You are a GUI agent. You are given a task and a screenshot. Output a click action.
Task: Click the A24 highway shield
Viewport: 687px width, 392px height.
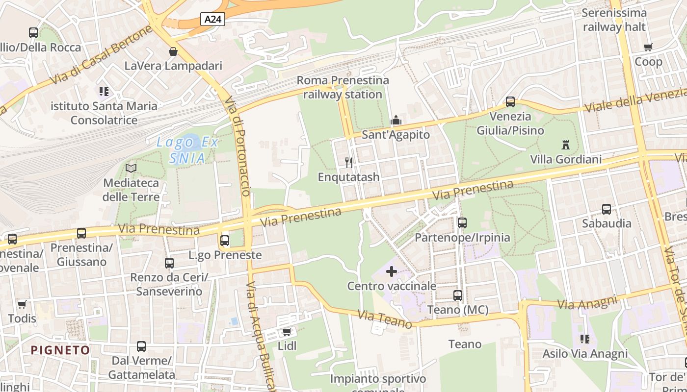pyautogui.click(x=212, y=19)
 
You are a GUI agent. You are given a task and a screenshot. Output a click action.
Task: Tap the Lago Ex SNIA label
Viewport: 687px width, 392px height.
pyautogui.click(x=187, y=150)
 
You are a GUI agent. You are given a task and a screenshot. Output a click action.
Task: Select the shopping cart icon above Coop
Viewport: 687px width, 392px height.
pyautogui.click(x=648, y=48)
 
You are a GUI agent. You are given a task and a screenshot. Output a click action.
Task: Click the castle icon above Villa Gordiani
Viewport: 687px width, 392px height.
pyautogui.click(x=566, y=145)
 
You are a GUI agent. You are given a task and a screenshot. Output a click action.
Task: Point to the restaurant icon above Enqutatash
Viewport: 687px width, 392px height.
pyautogui.click(x=349, y=162)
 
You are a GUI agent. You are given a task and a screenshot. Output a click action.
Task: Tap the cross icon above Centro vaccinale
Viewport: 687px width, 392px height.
pyautogui.click(x=392, y=271)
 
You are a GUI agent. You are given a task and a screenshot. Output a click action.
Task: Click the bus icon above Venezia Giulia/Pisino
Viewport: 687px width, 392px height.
pyautogui.click(x=510, y=102)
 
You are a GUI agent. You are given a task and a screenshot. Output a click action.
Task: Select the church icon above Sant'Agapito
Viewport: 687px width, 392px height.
pyautogui.click(x=396, y=120)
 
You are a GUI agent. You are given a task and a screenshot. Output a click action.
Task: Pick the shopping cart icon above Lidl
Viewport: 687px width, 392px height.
pyautogui.click(x=287, y=332)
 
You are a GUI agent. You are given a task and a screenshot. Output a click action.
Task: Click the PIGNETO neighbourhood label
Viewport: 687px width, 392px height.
pyautogui.click(x=61, y=350)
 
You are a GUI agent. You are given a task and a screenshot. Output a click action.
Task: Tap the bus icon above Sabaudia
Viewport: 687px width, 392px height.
pyautogui.click(x=607, y=209)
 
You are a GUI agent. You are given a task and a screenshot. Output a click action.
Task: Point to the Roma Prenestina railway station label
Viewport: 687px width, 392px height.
pyautogui.click(x=343, y=87)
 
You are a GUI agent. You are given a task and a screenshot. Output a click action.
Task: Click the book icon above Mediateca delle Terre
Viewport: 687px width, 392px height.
pyautogui.click(x=131, y=169)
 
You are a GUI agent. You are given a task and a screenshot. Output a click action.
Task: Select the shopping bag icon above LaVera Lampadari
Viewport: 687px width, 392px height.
pyautogui.click(x=173, y=51)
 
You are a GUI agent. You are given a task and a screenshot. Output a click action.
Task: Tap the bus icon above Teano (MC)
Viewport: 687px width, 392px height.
pyautogui.click(x=458, y=295)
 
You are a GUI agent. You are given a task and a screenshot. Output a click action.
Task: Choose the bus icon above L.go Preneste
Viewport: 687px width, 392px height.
pyautogui.click(x=225, y=241)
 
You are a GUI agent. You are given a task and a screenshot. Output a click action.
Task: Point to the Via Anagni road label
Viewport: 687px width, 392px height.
pyautogui.click(x=587, y=302)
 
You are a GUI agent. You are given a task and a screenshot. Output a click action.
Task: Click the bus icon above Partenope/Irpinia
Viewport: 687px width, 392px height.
pyautogui.click(x=462, y=223)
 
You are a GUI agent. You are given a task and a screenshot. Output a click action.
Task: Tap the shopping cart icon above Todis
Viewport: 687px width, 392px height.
pyautogui.click(x=22, y=304)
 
